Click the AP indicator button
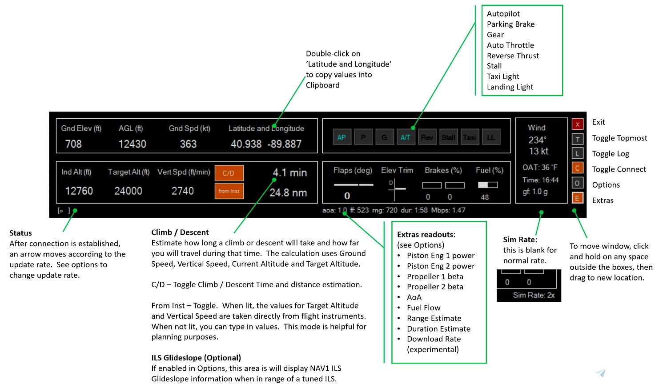click(342, 137)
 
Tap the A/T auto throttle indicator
click(405, 137)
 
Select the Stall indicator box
click(448, 137)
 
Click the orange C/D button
click(229, 173)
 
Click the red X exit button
click(577, 124)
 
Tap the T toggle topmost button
click(577, 140)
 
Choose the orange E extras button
click(577, 198)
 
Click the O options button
click(577, 183)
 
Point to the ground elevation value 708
click(73, 144)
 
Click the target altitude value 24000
click(128, 191)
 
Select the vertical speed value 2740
click(183, 191)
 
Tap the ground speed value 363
click(188, 144)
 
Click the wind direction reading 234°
click(537, 140)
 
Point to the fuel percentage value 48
click(485, 197)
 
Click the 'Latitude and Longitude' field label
click(266, 128)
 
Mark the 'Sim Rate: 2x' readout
click(534, 295)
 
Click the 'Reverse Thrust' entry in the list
click(513, 56)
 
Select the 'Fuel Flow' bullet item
click(423, 308)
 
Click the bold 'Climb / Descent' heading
click(180, 232)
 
